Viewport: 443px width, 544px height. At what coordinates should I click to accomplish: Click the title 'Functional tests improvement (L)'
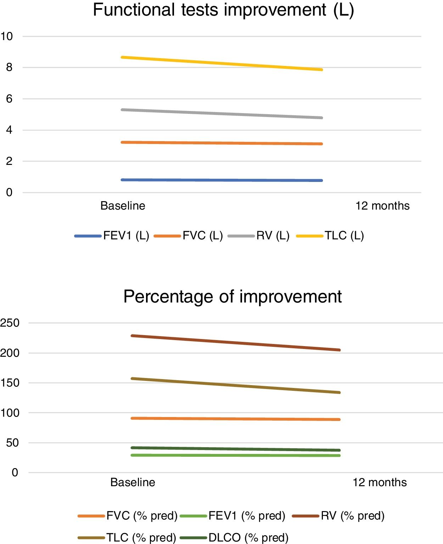point(223,10)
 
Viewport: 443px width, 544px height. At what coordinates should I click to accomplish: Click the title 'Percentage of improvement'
point(232,296)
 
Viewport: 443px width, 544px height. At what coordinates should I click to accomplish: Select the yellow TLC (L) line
point(222,63)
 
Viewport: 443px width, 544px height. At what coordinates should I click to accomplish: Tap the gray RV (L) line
point(222,114)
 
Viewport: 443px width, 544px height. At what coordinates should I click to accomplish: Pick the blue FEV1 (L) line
point(222,180)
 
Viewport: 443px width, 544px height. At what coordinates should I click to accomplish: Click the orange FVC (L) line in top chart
point(222,143)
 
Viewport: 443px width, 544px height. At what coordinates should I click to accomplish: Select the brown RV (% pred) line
point(236,343)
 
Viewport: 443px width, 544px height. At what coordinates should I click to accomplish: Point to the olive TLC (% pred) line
point(236,386)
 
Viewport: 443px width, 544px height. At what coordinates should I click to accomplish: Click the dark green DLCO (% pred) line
point(236,449)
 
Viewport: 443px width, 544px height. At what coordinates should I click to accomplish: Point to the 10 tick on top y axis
point(7,36)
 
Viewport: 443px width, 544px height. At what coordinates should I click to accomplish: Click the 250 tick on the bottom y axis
point(10,323)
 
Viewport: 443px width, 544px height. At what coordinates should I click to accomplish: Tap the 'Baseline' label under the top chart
point(123,206)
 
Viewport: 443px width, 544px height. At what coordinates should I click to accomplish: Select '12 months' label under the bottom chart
point(380,482)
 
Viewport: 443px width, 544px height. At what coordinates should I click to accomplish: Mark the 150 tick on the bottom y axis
point(10,383)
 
